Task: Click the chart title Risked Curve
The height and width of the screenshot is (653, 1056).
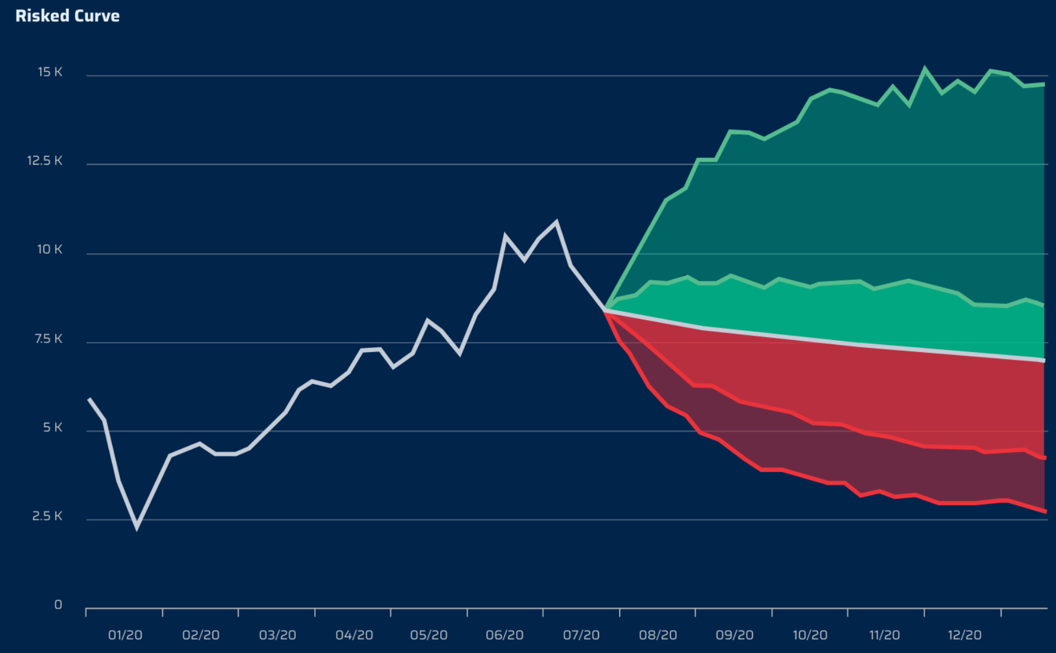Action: [x=67, y=16]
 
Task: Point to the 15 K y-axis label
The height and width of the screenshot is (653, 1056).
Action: [x=50, y=72]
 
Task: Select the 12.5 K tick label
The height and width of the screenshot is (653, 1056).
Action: [x=44, y=161]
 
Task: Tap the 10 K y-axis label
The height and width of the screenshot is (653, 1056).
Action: [x=50, y=249]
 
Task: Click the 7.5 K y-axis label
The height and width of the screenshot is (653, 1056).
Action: [x=48, y=339]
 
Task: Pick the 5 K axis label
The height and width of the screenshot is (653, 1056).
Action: [x=52, y=428]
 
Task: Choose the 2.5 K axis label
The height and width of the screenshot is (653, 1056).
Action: [x=47, y=516]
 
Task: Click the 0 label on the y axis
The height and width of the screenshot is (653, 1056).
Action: [x=58, y=605]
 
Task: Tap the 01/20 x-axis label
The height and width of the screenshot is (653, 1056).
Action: [x=125, y=635]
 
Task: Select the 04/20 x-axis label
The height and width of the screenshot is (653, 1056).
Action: [x=354, y=635]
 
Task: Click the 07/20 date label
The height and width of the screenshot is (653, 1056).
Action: [x=581, y=635]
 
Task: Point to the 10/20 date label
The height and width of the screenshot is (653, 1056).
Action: [x=809, y=635]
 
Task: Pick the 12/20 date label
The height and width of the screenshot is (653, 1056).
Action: [x=964, y=635]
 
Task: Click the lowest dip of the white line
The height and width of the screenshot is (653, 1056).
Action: [x=137, y=527]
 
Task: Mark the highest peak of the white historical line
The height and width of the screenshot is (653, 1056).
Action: [x=556, y=222]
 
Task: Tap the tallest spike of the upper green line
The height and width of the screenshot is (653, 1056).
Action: [x=924, y=69]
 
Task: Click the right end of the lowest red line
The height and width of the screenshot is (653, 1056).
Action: [x=1045, y=511]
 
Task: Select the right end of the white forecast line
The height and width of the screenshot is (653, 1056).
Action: [x=1044, y=360]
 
